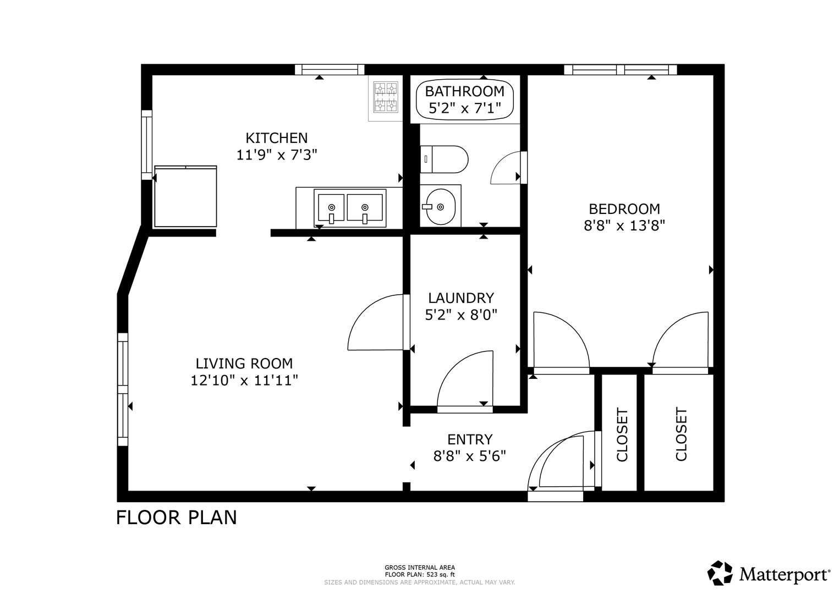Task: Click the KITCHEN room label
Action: click(x=276, y=138)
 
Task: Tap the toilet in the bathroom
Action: click(x=444, y=159)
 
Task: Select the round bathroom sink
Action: click(x=440, y=207)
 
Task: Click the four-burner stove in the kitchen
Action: click(x=385, y=98)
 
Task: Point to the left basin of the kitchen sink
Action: click(x=331, y=208)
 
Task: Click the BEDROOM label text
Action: click(x=624, y=209)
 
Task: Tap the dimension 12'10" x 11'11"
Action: click(x=244, y=381)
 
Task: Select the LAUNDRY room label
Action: click(x=461, y=298)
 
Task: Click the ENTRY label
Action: click(x=469, y=439)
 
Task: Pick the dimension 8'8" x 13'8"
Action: click(x=624, y=226)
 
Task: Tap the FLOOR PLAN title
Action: click(x=177, y=518)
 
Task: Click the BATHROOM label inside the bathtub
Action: click(x=465, y=91)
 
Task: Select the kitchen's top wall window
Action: click(x=330, y=70)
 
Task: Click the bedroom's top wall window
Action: click(x=621, y=70)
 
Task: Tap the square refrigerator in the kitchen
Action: click(x=185, y=196)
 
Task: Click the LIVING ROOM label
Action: click(x=244, y=364)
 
